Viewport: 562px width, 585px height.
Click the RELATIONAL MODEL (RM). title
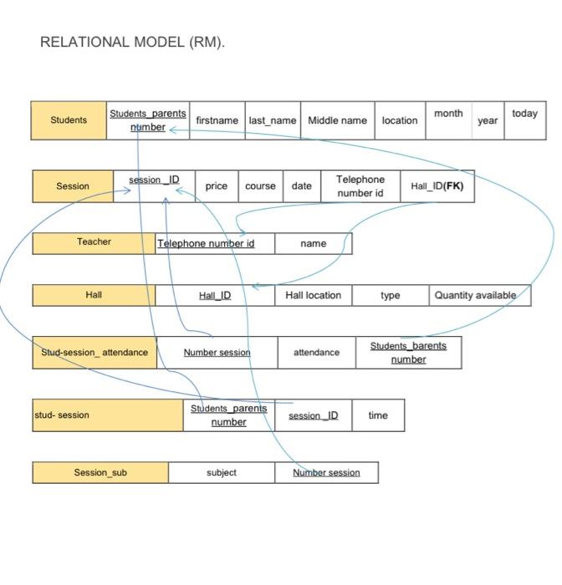pos(132,43)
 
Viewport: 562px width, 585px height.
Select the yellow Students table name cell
pos(69,120)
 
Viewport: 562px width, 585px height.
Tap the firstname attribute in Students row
pos(217,120)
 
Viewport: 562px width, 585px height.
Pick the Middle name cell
pos(337,120)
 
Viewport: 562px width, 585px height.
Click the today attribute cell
pos(524,120)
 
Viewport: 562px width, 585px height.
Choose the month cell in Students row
pos(448,120)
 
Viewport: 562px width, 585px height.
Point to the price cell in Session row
pos(216,186)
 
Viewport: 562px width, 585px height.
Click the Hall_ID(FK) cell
pos(437,186)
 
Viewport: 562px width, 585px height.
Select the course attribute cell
pos(260,186)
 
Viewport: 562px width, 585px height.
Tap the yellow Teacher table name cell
pos(94,242)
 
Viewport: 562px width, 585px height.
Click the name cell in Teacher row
pos(313,243)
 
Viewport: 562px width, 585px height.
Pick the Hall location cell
pos(313,295)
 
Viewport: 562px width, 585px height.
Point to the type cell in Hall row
pos(390,295)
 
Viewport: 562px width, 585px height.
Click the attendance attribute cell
pos(316,353)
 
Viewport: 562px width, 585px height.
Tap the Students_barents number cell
pos(408,353)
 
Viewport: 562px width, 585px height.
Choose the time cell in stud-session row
pos(378,415)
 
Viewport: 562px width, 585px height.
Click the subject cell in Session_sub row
pos(221,472)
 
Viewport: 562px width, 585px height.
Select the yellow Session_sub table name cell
pos(100,472)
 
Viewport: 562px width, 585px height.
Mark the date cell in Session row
pos(301,186)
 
